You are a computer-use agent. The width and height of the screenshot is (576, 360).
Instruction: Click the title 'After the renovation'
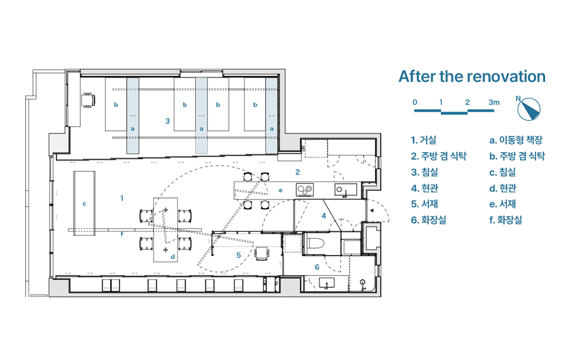coord(472,76)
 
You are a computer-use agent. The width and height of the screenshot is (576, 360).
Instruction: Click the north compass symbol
coord(529,109)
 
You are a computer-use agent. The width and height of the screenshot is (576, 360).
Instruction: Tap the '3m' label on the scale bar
coord(494,102)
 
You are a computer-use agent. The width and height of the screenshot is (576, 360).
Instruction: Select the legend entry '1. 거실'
coord(423,140)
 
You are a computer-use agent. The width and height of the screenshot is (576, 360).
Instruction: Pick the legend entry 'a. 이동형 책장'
coord(516,140)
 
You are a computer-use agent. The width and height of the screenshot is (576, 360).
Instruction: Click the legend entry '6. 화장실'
coord(428,220)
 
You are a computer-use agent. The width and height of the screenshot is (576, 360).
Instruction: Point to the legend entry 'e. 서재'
coord(503,204)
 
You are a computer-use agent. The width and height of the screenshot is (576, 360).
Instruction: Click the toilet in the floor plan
coord(316,243)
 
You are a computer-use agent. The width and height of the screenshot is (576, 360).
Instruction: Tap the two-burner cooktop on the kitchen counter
coord(305,190)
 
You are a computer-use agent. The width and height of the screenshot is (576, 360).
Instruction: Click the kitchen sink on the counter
coord(346,190)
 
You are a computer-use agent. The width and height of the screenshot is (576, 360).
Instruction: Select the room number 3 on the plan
coord(168,121)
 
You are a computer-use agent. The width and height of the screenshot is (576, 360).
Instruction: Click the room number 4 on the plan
coord(324,216)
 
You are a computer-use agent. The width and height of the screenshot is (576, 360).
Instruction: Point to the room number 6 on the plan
coord(317,267)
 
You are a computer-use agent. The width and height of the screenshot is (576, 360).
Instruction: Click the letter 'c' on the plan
coord(84,204)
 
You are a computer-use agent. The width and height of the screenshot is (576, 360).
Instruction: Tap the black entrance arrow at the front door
coord(372,211)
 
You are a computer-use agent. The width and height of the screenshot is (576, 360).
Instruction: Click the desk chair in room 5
coord(262,253)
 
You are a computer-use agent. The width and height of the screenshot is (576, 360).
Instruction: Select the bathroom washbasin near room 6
coord(327,283)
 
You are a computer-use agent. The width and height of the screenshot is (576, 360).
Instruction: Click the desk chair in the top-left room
coord(88,100)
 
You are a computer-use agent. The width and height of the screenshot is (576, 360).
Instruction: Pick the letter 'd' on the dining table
coord(173,256)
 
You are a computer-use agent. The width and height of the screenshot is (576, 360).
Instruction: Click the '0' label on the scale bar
coord(415,102)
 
